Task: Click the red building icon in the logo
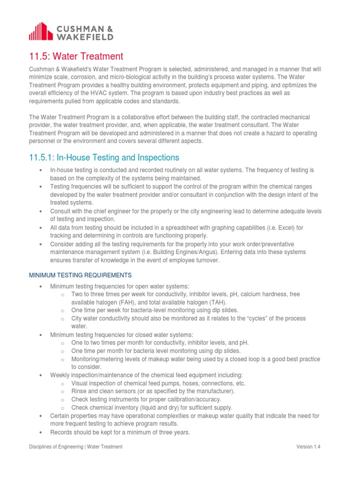click(41, 31)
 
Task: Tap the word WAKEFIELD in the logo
click(84, 36)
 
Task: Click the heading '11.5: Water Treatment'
click(76, 57)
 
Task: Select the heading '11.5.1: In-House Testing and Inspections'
click(104, 157)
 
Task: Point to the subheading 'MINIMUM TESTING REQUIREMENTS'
click(80, 275)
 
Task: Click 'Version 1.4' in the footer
click(308, 447)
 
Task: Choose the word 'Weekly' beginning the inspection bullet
click(59, 375)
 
